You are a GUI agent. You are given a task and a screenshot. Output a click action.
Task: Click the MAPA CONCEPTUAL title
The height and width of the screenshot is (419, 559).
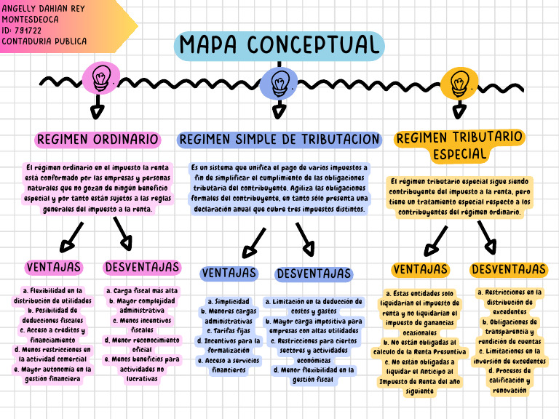(x=279, y=45)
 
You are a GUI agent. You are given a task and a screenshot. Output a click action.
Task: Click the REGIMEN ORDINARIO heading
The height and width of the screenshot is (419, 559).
(x=98, y=139)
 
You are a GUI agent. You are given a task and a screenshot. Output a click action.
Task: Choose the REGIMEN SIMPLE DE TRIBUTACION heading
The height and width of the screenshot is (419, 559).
(x=279, y=139)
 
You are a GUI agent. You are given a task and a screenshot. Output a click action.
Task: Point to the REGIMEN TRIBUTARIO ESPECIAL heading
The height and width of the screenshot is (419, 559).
(x=459, y=145)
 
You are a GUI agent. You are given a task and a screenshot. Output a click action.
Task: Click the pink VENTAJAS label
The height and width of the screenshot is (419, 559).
(x=54, y=267)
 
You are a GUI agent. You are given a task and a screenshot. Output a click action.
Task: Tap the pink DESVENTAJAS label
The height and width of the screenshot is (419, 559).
(x=141, y=267)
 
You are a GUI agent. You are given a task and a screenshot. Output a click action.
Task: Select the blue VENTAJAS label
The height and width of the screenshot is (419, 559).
(x=229, y=274)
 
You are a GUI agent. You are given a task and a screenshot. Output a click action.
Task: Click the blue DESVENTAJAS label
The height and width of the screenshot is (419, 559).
(x=314, y=274)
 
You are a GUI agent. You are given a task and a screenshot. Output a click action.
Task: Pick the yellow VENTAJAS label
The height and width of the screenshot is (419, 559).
(x=420, y=270)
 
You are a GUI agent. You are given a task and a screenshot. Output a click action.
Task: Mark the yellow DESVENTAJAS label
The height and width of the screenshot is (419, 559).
(x=508, y=270)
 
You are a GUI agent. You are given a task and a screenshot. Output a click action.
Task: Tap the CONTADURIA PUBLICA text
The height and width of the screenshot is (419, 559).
(x=44, y=41)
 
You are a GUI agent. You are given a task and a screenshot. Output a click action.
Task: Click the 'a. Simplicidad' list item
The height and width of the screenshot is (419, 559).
(x=229, y=301)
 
